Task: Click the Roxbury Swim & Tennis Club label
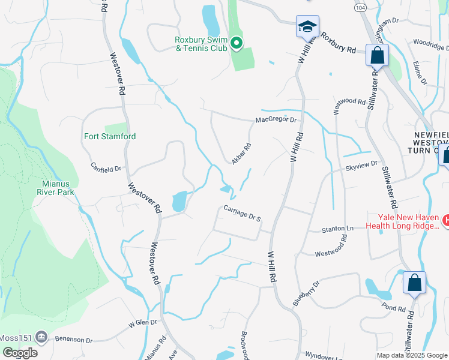(x=200, y=44)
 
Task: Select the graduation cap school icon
(x=307, y=28)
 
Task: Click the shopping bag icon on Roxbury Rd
(x=378, y=56)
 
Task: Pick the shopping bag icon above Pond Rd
(x=414, y=283)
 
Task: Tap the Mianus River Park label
(x=58, y=188)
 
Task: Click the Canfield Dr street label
(x=106, y=167)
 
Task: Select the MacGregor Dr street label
(x=276, y=119)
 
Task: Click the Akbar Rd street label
(x=241, y=152)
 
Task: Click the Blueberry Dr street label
(x=306, y=292)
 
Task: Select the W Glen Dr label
(x=142, y=324)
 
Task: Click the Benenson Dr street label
(x=74, y=340)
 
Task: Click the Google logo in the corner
(x=19, y=352)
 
